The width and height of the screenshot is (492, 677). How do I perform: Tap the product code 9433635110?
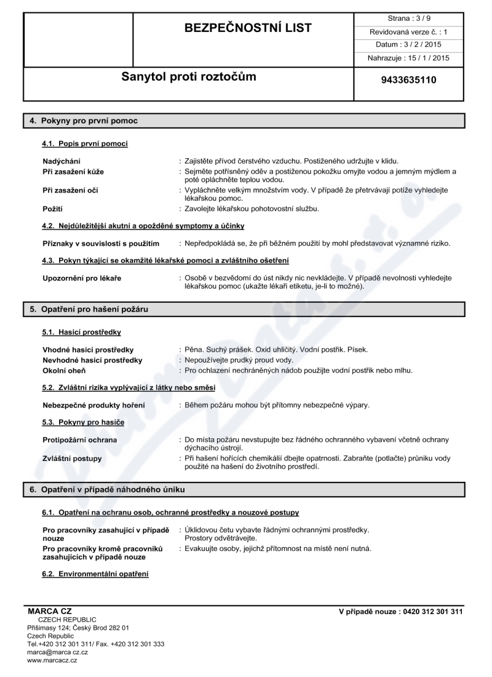409,79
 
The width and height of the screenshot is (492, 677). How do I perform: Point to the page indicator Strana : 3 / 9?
409,18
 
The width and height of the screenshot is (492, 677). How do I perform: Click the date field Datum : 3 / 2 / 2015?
409,44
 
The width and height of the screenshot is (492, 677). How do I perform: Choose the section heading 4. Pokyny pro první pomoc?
84,121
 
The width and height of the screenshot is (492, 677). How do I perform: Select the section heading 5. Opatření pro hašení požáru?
90,309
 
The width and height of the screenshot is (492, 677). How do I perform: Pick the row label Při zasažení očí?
70,190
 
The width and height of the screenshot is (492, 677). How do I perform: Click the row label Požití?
53,209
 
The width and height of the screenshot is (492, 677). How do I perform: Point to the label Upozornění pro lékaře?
82,278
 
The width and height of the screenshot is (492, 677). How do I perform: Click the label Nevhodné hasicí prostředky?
92,360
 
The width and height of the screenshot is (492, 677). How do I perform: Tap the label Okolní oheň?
64,371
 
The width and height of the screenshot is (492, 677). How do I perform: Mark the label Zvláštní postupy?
72,459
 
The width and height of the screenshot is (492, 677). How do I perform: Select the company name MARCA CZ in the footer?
50,611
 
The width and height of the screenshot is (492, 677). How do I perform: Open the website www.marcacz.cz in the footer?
52,660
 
